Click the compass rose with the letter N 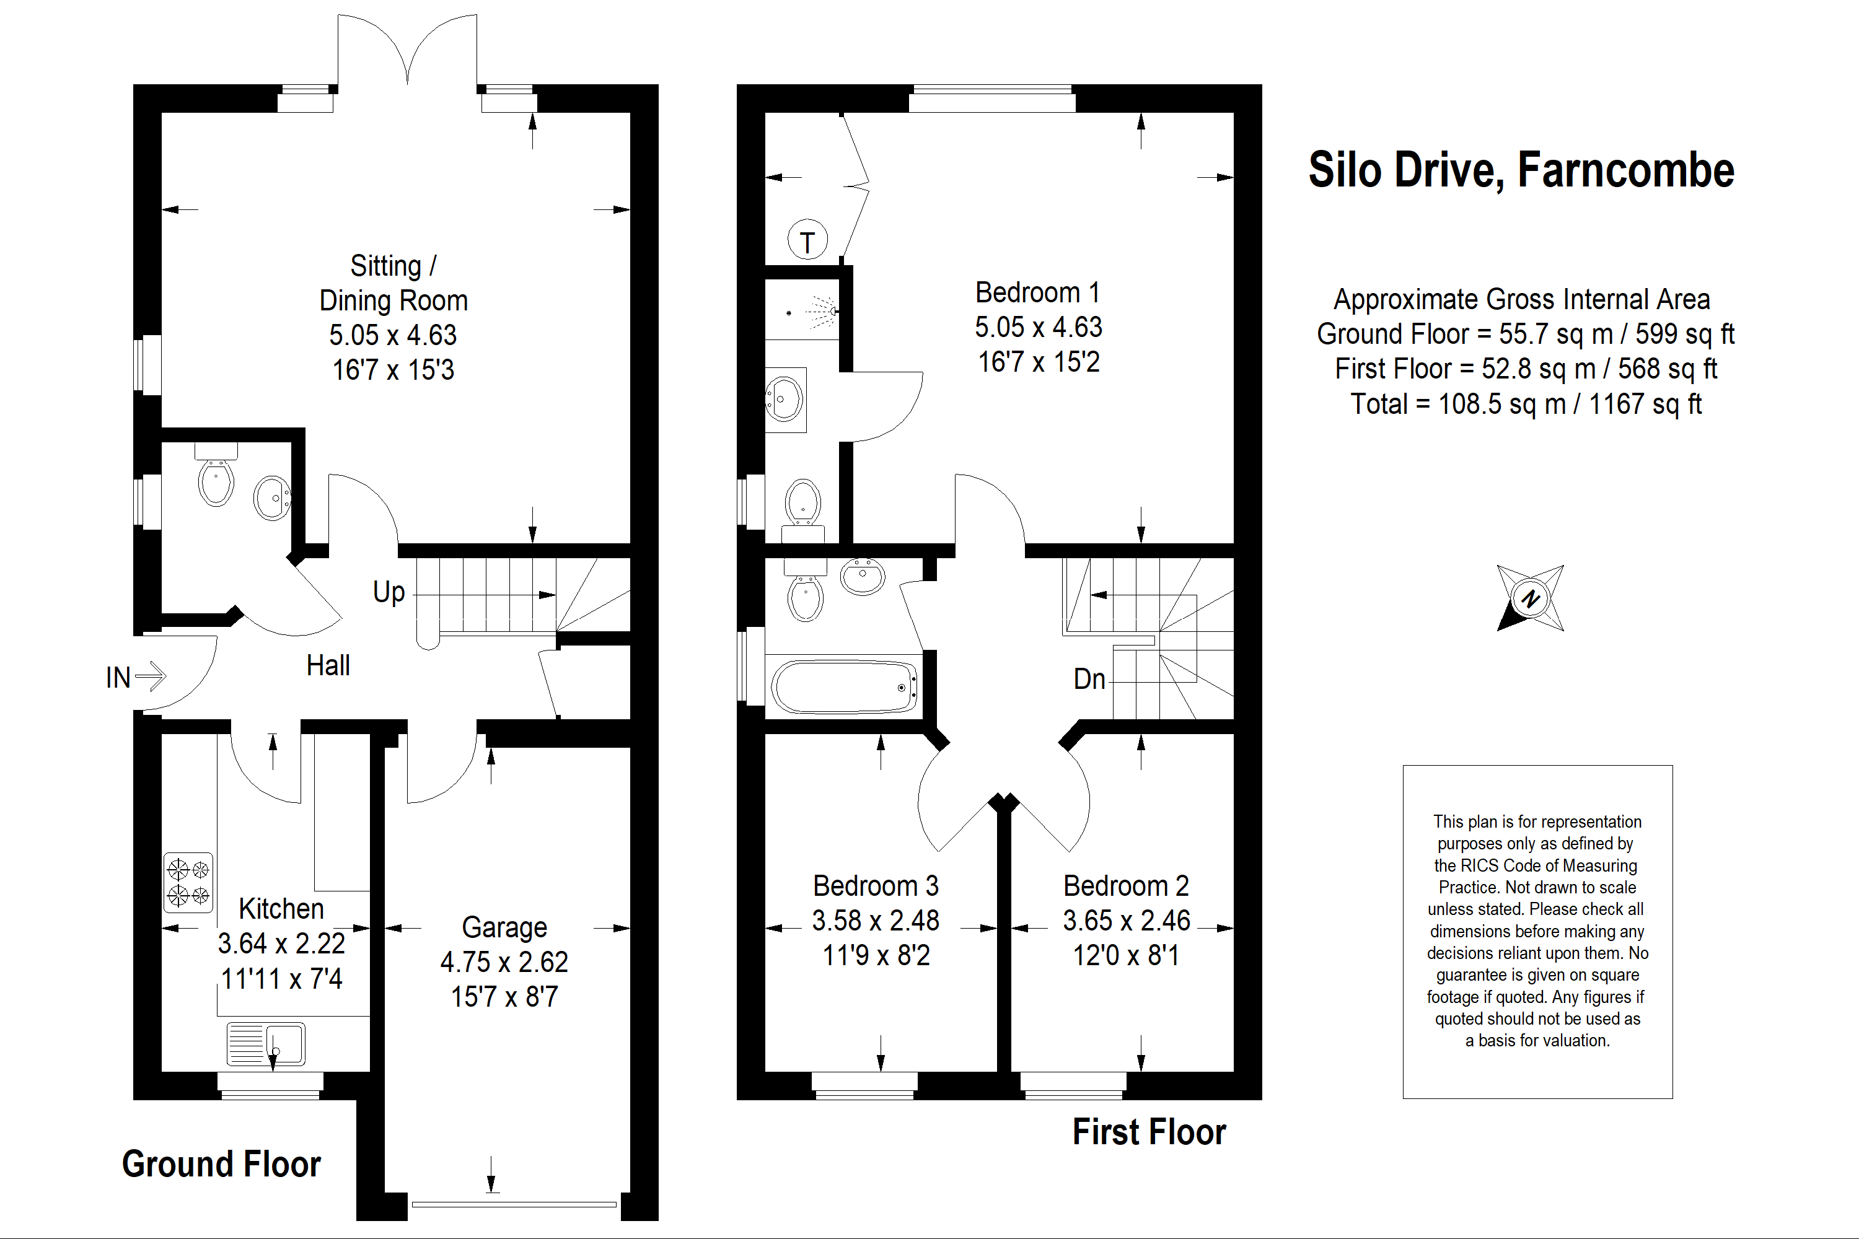click(x=1530, y=598)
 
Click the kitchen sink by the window click(x=266, y=1044)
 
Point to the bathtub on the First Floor click(x=844, y=686)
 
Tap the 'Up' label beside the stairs click(x=389, y=592)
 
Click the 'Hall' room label click(x=328, y=665)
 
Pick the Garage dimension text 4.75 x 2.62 click(x=504, y=961)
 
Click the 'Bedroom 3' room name click(x=876, y=886)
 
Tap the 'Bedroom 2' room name click(x=1127, y=886)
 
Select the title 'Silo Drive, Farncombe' click(x=1521, y=170)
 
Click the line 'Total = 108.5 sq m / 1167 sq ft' click(x=1526, y=404)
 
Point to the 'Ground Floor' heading click(x=221, y=1164)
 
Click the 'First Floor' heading click(x=1149, y=1132)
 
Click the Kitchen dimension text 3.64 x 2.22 click(x=281, y=943)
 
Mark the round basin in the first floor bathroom click(x=863, y=576)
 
